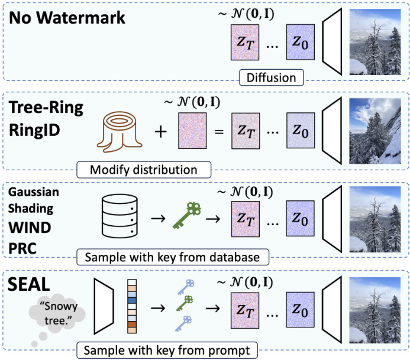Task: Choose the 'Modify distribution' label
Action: [144, 170]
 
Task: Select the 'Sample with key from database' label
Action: [172, 258]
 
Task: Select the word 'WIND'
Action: [29, 228]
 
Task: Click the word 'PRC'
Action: [22, 247]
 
